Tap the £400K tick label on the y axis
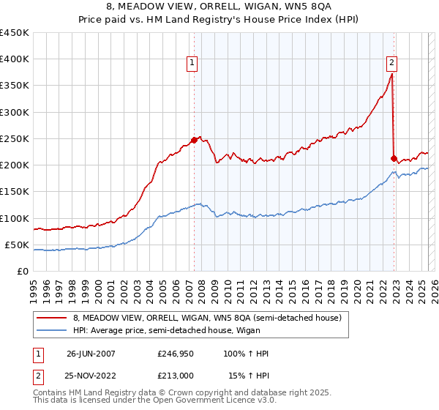15,59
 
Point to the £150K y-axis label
15,192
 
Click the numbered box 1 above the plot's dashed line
192,64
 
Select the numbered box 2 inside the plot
392,64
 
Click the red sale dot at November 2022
394,158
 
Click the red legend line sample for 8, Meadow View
52,318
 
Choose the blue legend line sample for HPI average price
52,332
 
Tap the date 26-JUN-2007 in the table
91,354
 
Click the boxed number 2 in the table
38,375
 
